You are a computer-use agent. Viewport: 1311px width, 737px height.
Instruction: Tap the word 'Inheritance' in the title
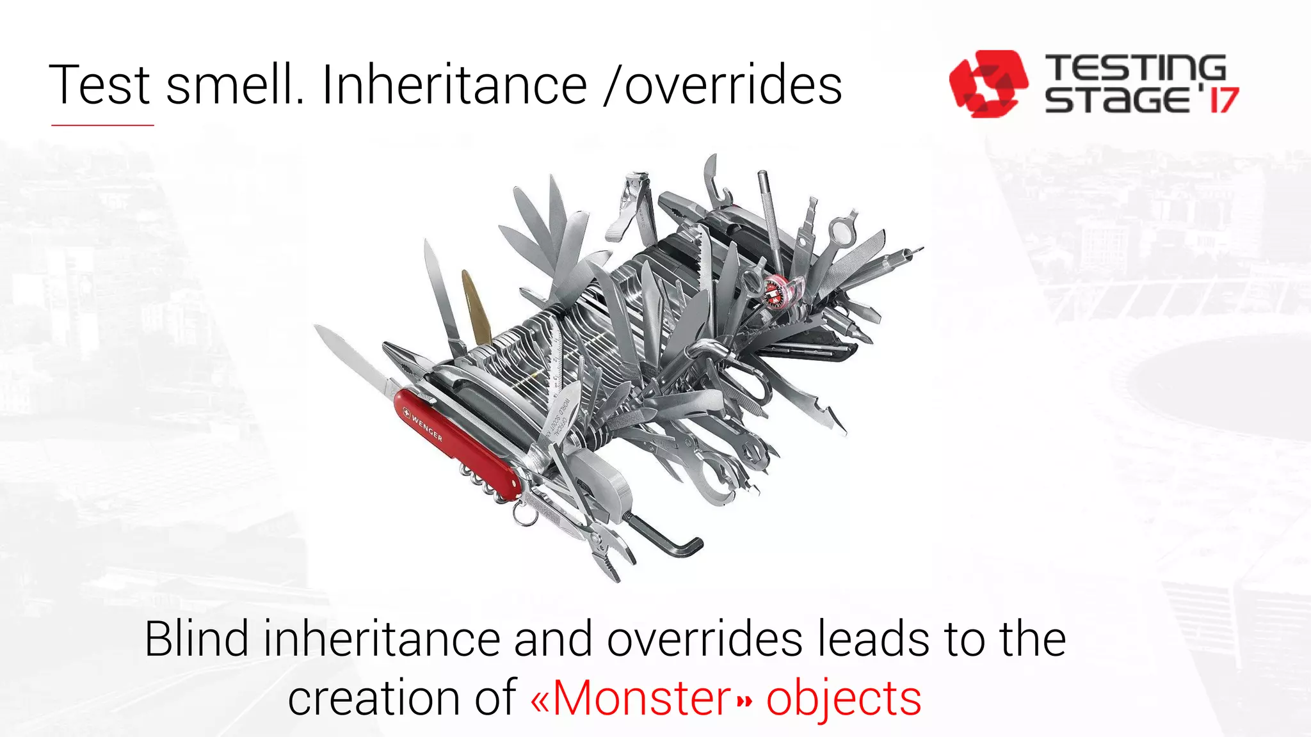pos(454,85)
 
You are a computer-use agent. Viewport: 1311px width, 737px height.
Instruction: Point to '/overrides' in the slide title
pos(723,85)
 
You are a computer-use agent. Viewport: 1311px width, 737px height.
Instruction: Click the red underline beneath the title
pos(102,125)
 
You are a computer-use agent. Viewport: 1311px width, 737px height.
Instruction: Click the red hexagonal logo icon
pos(988,83)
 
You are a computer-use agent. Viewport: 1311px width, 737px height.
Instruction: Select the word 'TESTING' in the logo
pos(1135,68)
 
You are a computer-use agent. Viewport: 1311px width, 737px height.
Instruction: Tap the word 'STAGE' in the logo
pos(1117,100)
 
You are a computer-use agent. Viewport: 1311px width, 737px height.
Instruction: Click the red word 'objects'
pos(844,699)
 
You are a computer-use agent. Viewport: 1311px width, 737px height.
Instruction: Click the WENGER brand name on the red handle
pos(426,427)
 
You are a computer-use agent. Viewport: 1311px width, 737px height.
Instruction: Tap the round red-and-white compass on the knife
pos(776,292)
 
